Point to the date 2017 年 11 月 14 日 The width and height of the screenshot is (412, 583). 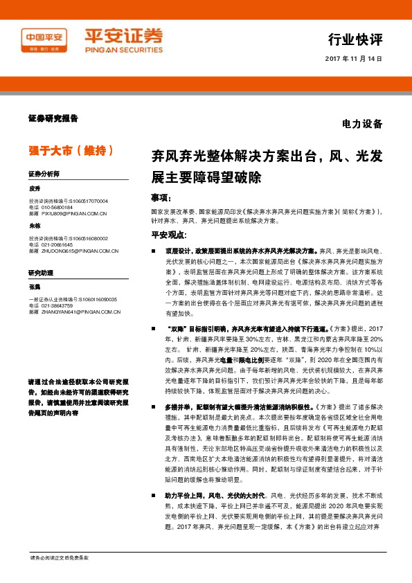click(353, 59)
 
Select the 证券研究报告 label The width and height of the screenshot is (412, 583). click(53, 118)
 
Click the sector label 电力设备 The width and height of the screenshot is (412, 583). click(362, 125)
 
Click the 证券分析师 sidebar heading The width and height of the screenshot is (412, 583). click(44, 173)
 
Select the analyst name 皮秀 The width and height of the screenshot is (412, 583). click(35, 188)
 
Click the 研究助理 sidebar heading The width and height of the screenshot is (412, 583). click(41, 273)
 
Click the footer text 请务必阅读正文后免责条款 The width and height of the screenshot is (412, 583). click(60, 557)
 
